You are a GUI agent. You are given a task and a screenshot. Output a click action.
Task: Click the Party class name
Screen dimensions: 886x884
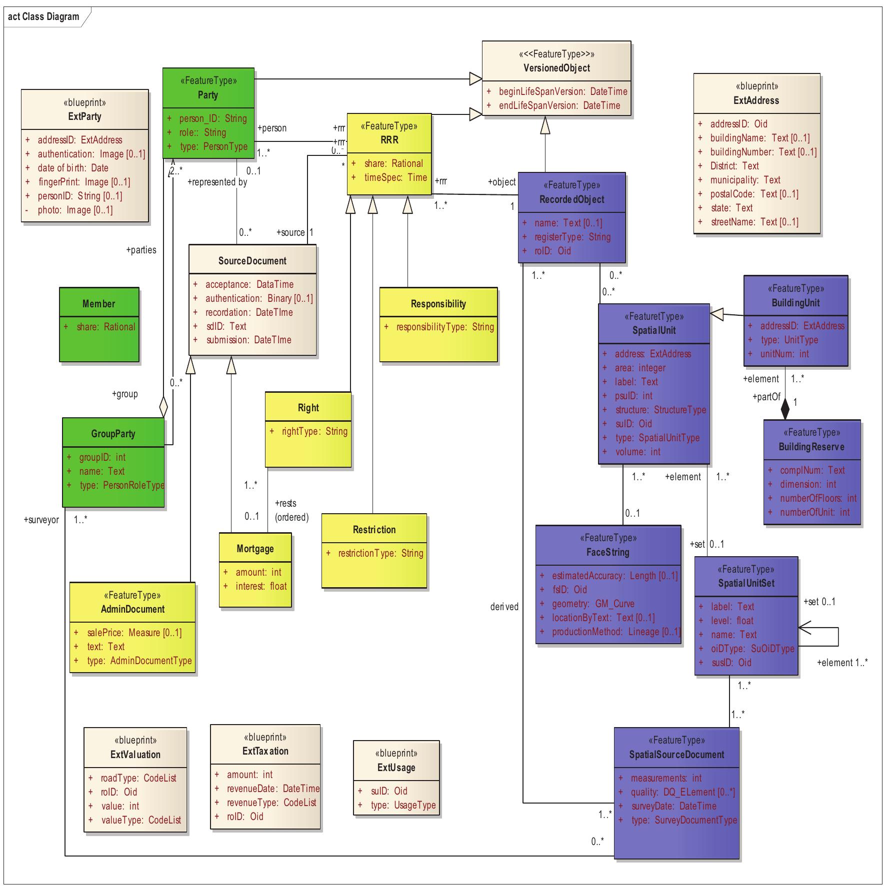point(207,95)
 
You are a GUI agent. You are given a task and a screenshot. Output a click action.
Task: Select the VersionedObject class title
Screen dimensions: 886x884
point(556,68)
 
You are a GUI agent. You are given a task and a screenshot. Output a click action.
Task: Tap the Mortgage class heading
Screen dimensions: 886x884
point(255,549)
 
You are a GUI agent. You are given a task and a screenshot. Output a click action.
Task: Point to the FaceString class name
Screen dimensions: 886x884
point(607,552)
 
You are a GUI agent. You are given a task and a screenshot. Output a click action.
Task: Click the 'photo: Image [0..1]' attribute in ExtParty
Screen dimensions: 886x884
point(75,210)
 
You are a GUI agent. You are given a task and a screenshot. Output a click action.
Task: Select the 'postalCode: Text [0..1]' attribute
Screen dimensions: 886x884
point(754,194)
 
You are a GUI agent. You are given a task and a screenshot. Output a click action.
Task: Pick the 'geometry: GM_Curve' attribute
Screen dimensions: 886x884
point(593,604)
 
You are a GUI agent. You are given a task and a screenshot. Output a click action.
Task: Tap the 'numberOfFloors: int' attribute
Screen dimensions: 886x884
point(818,498)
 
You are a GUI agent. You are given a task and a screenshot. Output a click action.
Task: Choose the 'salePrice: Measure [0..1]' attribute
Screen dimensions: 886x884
point(134,633)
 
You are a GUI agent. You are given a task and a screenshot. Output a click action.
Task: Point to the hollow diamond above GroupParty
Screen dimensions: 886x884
point(163,407)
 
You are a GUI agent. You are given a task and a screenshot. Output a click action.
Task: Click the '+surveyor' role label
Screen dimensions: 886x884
point(41,520)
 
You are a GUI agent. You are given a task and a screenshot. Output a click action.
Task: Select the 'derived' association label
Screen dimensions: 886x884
point(504,607)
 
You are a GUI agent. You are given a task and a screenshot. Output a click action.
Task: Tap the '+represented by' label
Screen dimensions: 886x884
point(217,182)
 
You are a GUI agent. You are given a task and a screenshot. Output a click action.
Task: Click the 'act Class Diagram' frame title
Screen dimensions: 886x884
point(43,16)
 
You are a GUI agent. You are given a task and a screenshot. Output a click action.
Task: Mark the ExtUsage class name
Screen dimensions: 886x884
point(396,768)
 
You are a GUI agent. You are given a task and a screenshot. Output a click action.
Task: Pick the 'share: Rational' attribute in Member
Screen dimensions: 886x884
point(105,327)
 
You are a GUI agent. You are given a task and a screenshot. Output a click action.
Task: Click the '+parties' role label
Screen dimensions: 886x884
point(141,250)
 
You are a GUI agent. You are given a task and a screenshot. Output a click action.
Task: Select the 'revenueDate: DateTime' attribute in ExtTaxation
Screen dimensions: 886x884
point(273,789)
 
